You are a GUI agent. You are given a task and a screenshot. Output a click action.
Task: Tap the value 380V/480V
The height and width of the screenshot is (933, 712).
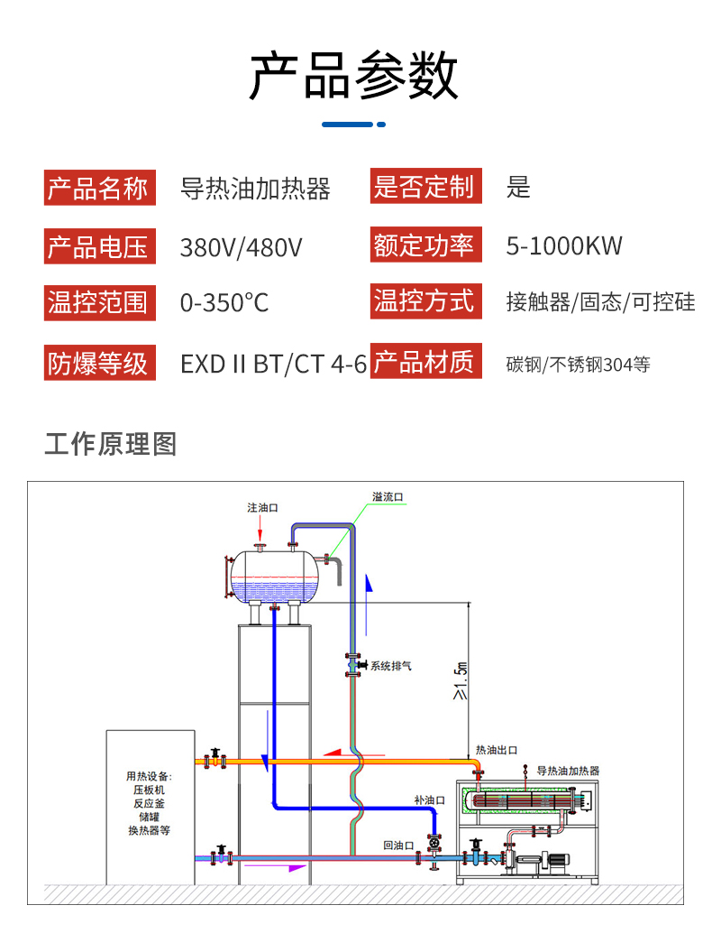[x=241, y=246]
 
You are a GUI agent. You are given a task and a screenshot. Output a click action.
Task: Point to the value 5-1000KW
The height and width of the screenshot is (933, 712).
[x=564, y=245]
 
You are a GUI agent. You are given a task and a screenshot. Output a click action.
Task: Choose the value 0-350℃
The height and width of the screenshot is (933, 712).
[x=224, y=302]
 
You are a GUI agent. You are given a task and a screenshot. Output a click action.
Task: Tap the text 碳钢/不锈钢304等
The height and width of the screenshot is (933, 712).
[x=578, y=365]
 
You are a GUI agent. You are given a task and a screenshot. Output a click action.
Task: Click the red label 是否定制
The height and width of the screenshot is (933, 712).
[x=424, y=188]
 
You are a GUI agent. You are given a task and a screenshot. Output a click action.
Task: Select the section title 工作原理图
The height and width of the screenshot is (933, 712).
[x=110, y=444]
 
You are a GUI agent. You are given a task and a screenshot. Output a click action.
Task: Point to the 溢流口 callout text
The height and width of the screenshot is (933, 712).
[x=388, y=497]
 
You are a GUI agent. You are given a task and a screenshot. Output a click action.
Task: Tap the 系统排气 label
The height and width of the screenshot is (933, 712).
[x=390, y=666]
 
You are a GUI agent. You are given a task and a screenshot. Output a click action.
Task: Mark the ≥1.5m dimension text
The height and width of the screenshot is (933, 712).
[x=461, y=680]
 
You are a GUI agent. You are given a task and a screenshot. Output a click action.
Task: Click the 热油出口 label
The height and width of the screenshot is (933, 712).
[x=497, y=750]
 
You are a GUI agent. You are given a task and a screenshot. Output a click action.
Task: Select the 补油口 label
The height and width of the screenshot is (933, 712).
[x=430, y=799]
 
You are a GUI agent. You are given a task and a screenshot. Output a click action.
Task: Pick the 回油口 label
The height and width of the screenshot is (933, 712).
[x=398, y=845]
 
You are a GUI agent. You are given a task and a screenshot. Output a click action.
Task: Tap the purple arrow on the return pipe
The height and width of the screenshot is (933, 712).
[x=289, y=867]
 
